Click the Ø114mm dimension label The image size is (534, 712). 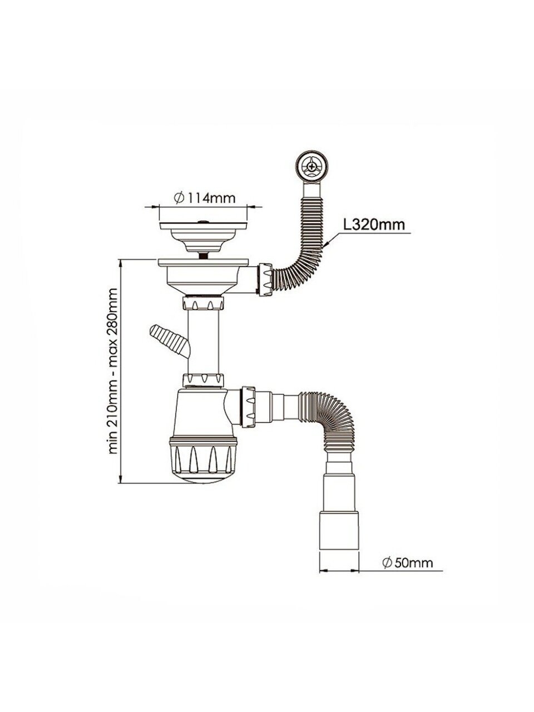[204, 197]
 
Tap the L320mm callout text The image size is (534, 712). [374, 225]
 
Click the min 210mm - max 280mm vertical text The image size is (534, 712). [112, 371]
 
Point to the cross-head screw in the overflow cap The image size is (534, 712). [311, 167]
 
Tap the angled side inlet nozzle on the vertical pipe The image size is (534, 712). [169, 341]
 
